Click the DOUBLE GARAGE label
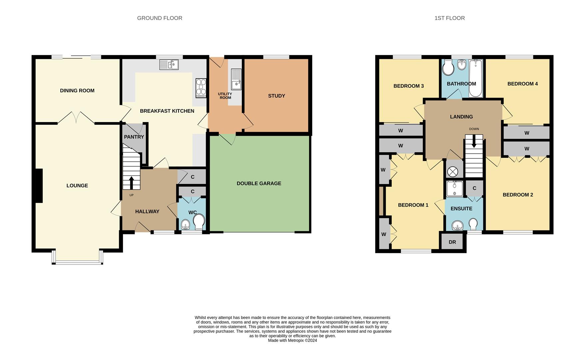(259, 183)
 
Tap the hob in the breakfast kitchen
(201, 88)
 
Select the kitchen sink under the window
(169, 64)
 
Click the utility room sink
(236, 79)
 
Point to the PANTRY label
(134, 137)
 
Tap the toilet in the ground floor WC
(199, 222)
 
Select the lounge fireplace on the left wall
(39, 186)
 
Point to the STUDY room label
(277, 96)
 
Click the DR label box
(452, 242)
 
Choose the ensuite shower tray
(454, 189)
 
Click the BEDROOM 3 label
(408, 86)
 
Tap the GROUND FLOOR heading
(160, 18)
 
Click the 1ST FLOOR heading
(449, 18)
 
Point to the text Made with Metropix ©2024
(292, 340)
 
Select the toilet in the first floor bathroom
(448, 69)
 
